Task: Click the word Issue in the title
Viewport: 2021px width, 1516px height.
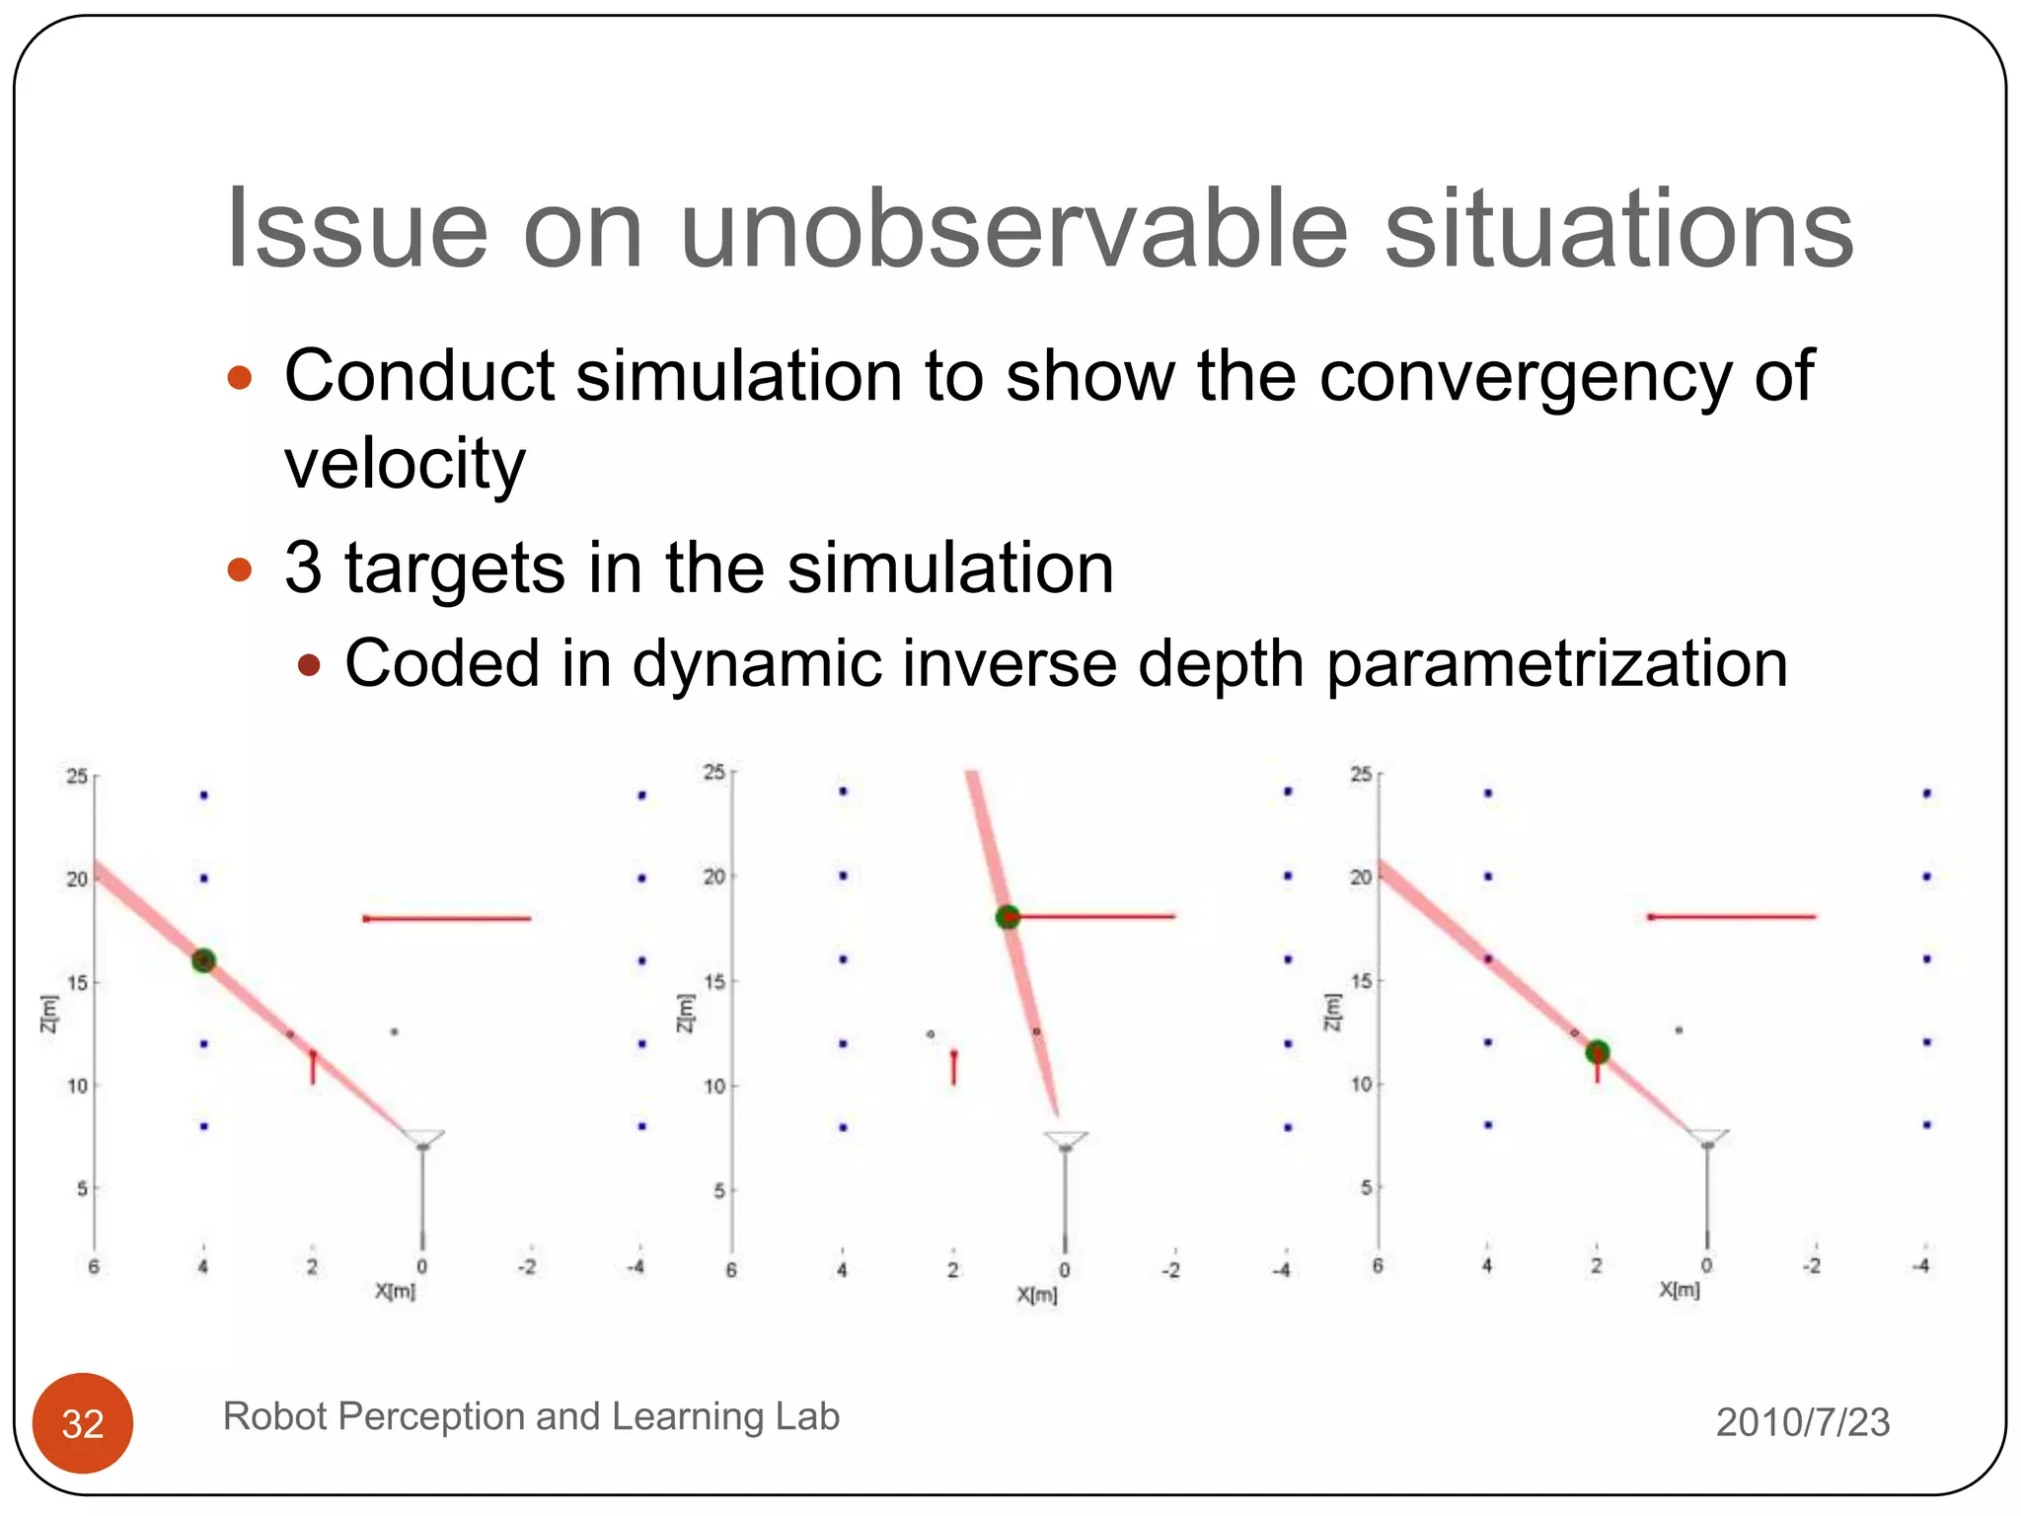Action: tap(356, 229)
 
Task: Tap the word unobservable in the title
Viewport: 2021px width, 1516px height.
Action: tap(1013, 229)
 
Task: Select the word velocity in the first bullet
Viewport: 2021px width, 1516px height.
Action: tap(405, 463)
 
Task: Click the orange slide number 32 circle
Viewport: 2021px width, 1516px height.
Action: tap(83, 1422)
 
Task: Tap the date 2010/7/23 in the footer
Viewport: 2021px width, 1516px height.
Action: tap(1802, 1422)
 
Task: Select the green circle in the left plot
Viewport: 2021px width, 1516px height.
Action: tap(203, 960)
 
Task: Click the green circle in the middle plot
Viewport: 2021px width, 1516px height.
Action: tap(1008, 917)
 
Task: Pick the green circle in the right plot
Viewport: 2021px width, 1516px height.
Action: tap(1598, 1052)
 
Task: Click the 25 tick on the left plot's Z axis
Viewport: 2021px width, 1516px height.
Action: tap(77, 777)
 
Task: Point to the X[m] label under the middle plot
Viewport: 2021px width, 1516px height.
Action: tap(1036, 1295)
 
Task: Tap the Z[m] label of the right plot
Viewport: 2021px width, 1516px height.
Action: tap(1331, 1012)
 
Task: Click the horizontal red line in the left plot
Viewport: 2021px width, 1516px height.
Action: tap(447, 919)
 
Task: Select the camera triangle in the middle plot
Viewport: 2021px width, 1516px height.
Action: tap(1065, 1140)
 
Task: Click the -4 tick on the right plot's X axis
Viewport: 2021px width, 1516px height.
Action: tap(1922, 1265)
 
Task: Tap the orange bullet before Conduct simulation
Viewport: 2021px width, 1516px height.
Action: tap(240, 378)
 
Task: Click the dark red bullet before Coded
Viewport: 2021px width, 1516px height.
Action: tap(309, 665)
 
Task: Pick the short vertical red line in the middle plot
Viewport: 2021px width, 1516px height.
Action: tap(953, 1068)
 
